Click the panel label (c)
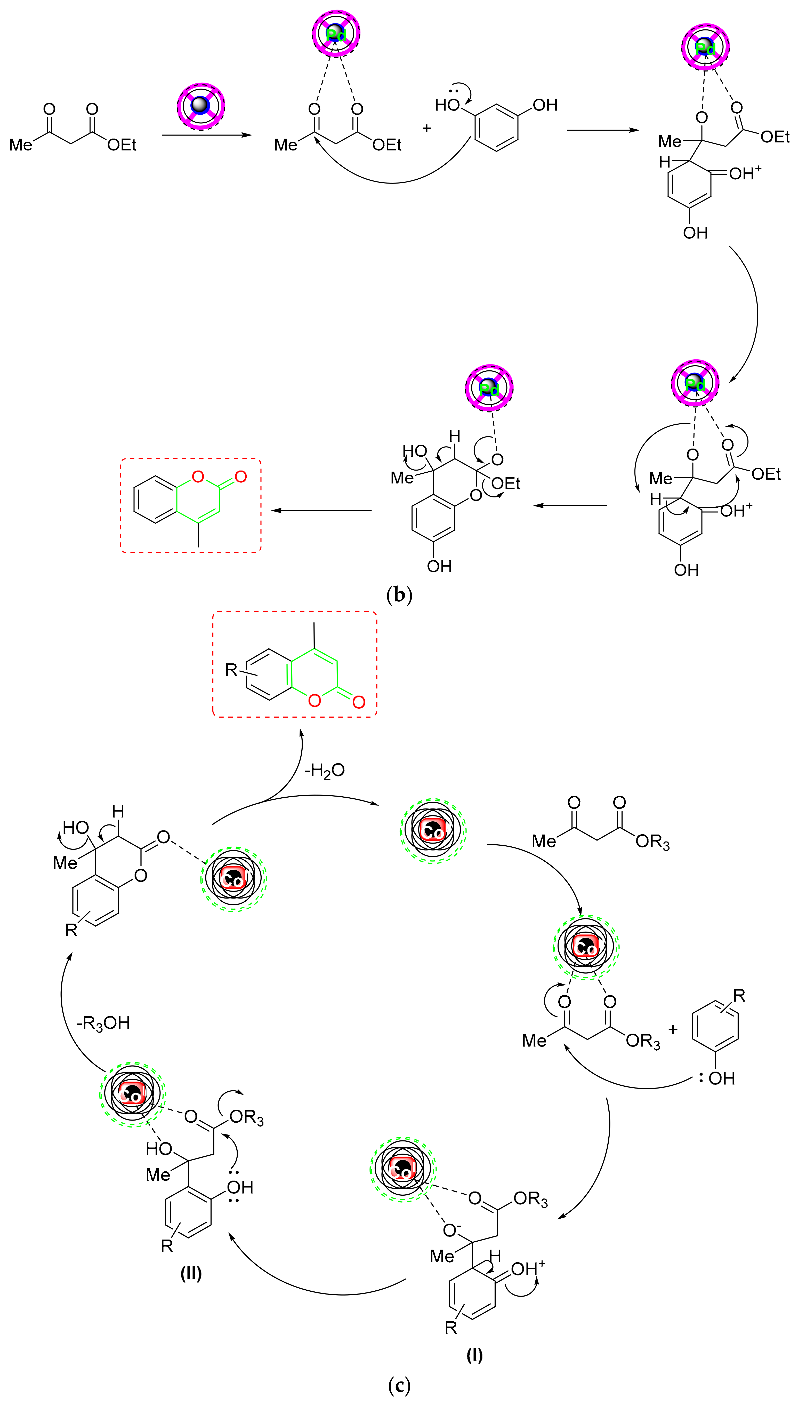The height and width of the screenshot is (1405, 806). (x=399, y=1386)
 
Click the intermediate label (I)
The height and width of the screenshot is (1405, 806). (x=474, y=1355)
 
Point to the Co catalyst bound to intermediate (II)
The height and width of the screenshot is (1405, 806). (x=132, y=1094)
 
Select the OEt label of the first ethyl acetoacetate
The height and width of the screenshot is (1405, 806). (x=122, y=145)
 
